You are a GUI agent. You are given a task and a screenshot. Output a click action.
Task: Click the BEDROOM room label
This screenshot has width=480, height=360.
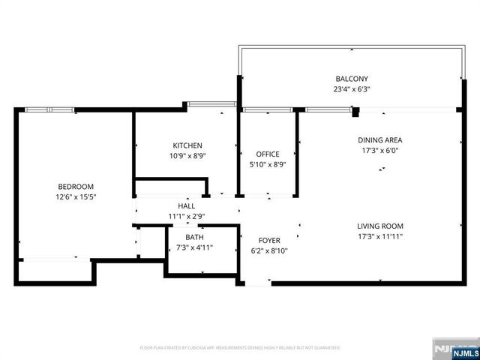tap(76, 187)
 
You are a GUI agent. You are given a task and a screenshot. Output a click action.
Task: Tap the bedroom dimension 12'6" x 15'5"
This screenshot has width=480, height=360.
tap(76, 197)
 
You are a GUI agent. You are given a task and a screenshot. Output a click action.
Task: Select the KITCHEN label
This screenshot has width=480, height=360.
tap(187, 145)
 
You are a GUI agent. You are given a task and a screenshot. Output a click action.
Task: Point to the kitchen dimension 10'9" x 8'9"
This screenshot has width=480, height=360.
tap(187, 156)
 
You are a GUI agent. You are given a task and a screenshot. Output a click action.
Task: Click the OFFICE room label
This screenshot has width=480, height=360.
tap(268, 154)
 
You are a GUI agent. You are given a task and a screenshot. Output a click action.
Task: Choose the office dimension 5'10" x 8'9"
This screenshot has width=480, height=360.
tap(268, 165)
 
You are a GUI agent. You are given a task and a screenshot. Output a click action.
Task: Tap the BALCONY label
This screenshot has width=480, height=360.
tap(352, 79)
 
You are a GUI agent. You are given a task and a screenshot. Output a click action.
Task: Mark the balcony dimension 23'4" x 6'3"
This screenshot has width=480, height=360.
tap(352, 89)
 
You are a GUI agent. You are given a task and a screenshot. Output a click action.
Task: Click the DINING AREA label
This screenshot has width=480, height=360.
tap(379, 140)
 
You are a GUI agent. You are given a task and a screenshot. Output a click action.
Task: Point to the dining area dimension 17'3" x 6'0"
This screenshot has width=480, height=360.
tap(379, 151)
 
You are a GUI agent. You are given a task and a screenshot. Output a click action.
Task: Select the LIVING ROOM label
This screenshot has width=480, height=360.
tap(379, 226)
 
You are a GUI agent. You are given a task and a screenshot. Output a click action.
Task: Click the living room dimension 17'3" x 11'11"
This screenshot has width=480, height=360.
tap(379, 236)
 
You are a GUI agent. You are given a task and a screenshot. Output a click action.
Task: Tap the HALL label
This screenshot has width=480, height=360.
tap(187, 206)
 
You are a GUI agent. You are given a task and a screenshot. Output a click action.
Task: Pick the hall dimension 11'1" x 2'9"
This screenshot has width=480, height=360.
tap(187, 216)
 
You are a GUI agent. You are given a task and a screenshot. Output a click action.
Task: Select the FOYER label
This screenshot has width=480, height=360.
tap(268, 241)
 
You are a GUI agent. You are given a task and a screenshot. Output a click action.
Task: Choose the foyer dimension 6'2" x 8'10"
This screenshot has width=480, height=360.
tap(268, 251)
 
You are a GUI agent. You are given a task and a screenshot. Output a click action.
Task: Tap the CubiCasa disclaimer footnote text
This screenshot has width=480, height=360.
tap(240, 348)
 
